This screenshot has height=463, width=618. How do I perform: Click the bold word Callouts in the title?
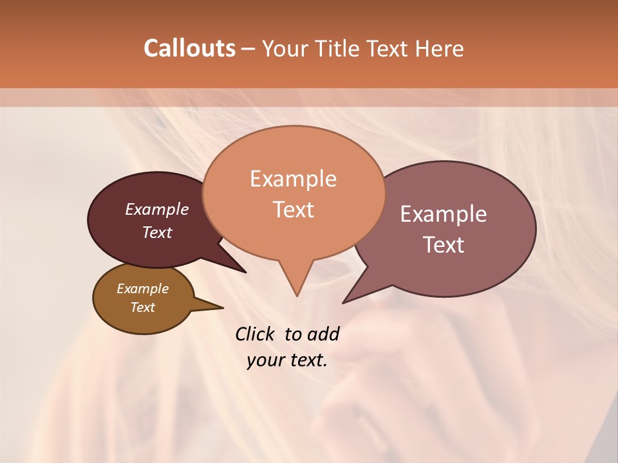coord(189,48)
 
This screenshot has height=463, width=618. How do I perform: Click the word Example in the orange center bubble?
coord(293,179)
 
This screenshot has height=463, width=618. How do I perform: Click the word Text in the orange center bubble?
coord(293,210)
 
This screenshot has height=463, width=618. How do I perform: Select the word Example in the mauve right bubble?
coord(444,214)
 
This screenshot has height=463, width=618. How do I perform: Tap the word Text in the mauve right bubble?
coord(444,245)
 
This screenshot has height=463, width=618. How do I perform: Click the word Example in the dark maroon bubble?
coord(157,209)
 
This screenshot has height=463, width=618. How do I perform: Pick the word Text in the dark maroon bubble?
coord(157,233)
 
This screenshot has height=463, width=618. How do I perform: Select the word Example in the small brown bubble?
coord(142,289)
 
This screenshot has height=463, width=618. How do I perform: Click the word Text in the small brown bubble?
coord(142,307)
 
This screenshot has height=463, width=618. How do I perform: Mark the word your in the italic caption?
coord(265,360)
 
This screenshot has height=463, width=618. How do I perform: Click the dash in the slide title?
coord(248,49)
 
